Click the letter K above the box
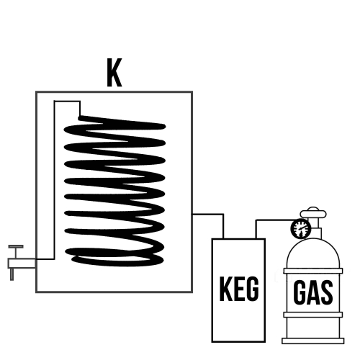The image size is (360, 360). point(114,73)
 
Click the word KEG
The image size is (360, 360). point(239,289)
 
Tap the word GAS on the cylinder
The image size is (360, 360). point(313,293)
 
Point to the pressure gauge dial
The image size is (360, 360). point(301,228)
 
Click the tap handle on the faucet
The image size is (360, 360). point(16,246)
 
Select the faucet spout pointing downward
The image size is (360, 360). point(12,274)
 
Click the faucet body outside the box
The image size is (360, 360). point(22,264)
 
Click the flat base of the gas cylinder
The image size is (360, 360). point(313,341)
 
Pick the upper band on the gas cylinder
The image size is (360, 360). point(313,271)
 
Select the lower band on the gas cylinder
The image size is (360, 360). point(313,315)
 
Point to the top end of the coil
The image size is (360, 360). point(80,118)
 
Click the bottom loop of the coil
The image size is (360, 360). point(117,260)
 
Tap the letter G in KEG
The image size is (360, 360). point(252,289)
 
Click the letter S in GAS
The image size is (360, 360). point(326,293)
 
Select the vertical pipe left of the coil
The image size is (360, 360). point(55,180)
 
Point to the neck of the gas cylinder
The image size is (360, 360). point(313,228)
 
